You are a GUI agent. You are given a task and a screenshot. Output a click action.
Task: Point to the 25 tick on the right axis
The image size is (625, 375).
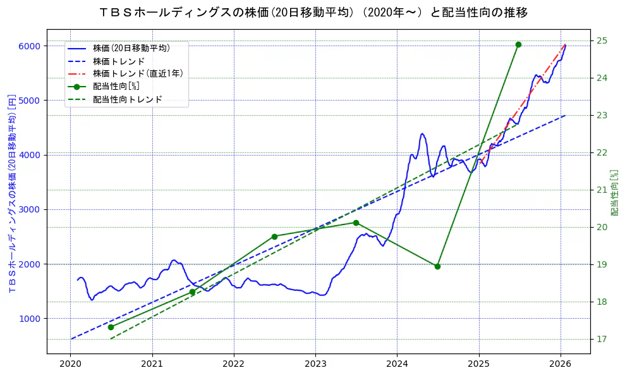[602, 40]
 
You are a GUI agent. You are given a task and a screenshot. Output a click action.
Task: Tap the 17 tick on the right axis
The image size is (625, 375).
[602, 339]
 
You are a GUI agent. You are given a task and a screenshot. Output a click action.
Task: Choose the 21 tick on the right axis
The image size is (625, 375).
[602, 190]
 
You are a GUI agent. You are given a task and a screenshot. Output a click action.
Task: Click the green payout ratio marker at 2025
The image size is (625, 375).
[518, 44]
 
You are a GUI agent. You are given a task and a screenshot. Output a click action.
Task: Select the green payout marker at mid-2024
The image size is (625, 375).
[437, 266]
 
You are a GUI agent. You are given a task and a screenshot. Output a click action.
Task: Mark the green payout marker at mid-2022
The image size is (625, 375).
[274, 237]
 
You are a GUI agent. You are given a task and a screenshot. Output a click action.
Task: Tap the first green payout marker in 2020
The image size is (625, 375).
[111, 327]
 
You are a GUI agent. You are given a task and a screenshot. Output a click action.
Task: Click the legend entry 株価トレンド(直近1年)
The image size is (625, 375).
[138, 73]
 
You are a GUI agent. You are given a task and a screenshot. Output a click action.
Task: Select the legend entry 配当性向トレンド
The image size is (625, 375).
[127, 99]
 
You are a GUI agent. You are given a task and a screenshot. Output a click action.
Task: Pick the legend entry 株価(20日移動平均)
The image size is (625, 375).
[131, 47]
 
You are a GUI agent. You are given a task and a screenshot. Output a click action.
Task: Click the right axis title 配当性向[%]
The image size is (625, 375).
[614, 192]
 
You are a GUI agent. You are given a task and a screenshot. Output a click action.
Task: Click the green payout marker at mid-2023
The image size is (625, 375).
[356, 223]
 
